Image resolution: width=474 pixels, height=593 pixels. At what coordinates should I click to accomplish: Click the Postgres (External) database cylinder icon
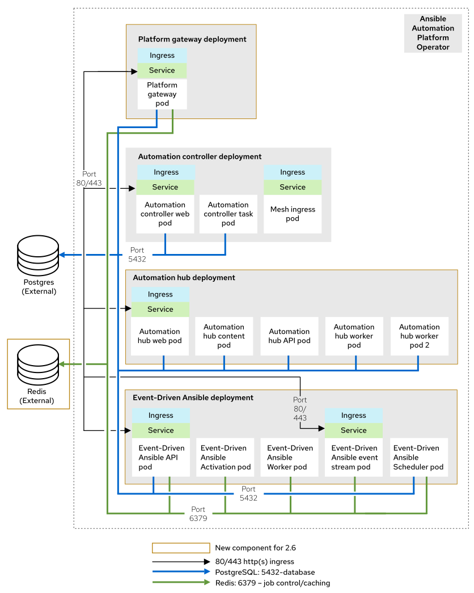38,255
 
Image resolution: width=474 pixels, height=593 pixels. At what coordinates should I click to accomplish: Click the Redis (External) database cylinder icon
38,364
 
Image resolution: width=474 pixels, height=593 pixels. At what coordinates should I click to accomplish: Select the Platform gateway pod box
162,94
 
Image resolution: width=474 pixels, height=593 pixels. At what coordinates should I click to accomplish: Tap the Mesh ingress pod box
293,214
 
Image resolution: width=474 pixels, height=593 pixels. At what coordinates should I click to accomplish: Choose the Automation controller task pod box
228,214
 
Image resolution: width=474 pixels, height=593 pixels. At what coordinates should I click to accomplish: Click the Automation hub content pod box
224,336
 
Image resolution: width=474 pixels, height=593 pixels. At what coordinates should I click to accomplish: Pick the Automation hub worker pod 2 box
420,336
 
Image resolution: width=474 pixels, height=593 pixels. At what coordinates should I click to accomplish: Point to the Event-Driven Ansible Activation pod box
226,458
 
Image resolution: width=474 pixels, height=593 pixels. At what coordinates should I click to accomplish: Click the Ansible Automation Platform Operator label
433,33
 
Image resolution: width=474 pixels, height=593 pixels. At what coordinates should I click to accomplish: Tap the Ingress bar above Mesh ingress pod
293,172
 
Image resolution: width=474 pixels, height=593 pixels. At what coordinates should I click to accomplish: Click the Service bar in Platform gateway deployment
162,70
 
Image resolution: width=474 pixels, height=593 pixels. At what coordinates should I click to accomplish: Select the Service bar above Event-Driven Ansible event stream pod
354,430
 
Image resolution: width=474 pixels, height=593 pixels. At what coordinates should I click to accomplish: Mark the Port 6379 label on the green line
198,514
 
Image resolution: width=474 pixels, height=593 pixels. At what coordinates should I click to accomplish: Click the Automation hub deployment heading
184,278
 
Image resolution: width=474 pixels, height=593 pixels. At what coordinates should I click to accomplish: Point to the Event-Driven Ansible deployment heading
193,397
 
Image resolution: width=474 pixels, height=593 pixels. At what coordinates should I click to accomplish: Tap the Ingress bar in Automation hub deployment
160,294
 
